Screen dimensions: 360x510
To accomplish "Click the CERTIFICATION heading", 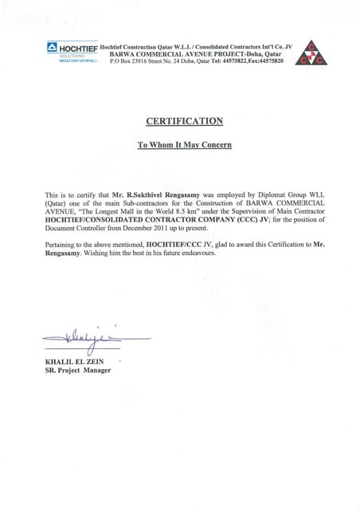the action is point(184,121).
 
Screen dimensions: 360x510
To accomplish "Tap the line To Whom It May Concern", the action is point(184,146).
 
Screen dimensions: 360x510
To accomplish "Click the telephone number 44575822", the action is point(223,61).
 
